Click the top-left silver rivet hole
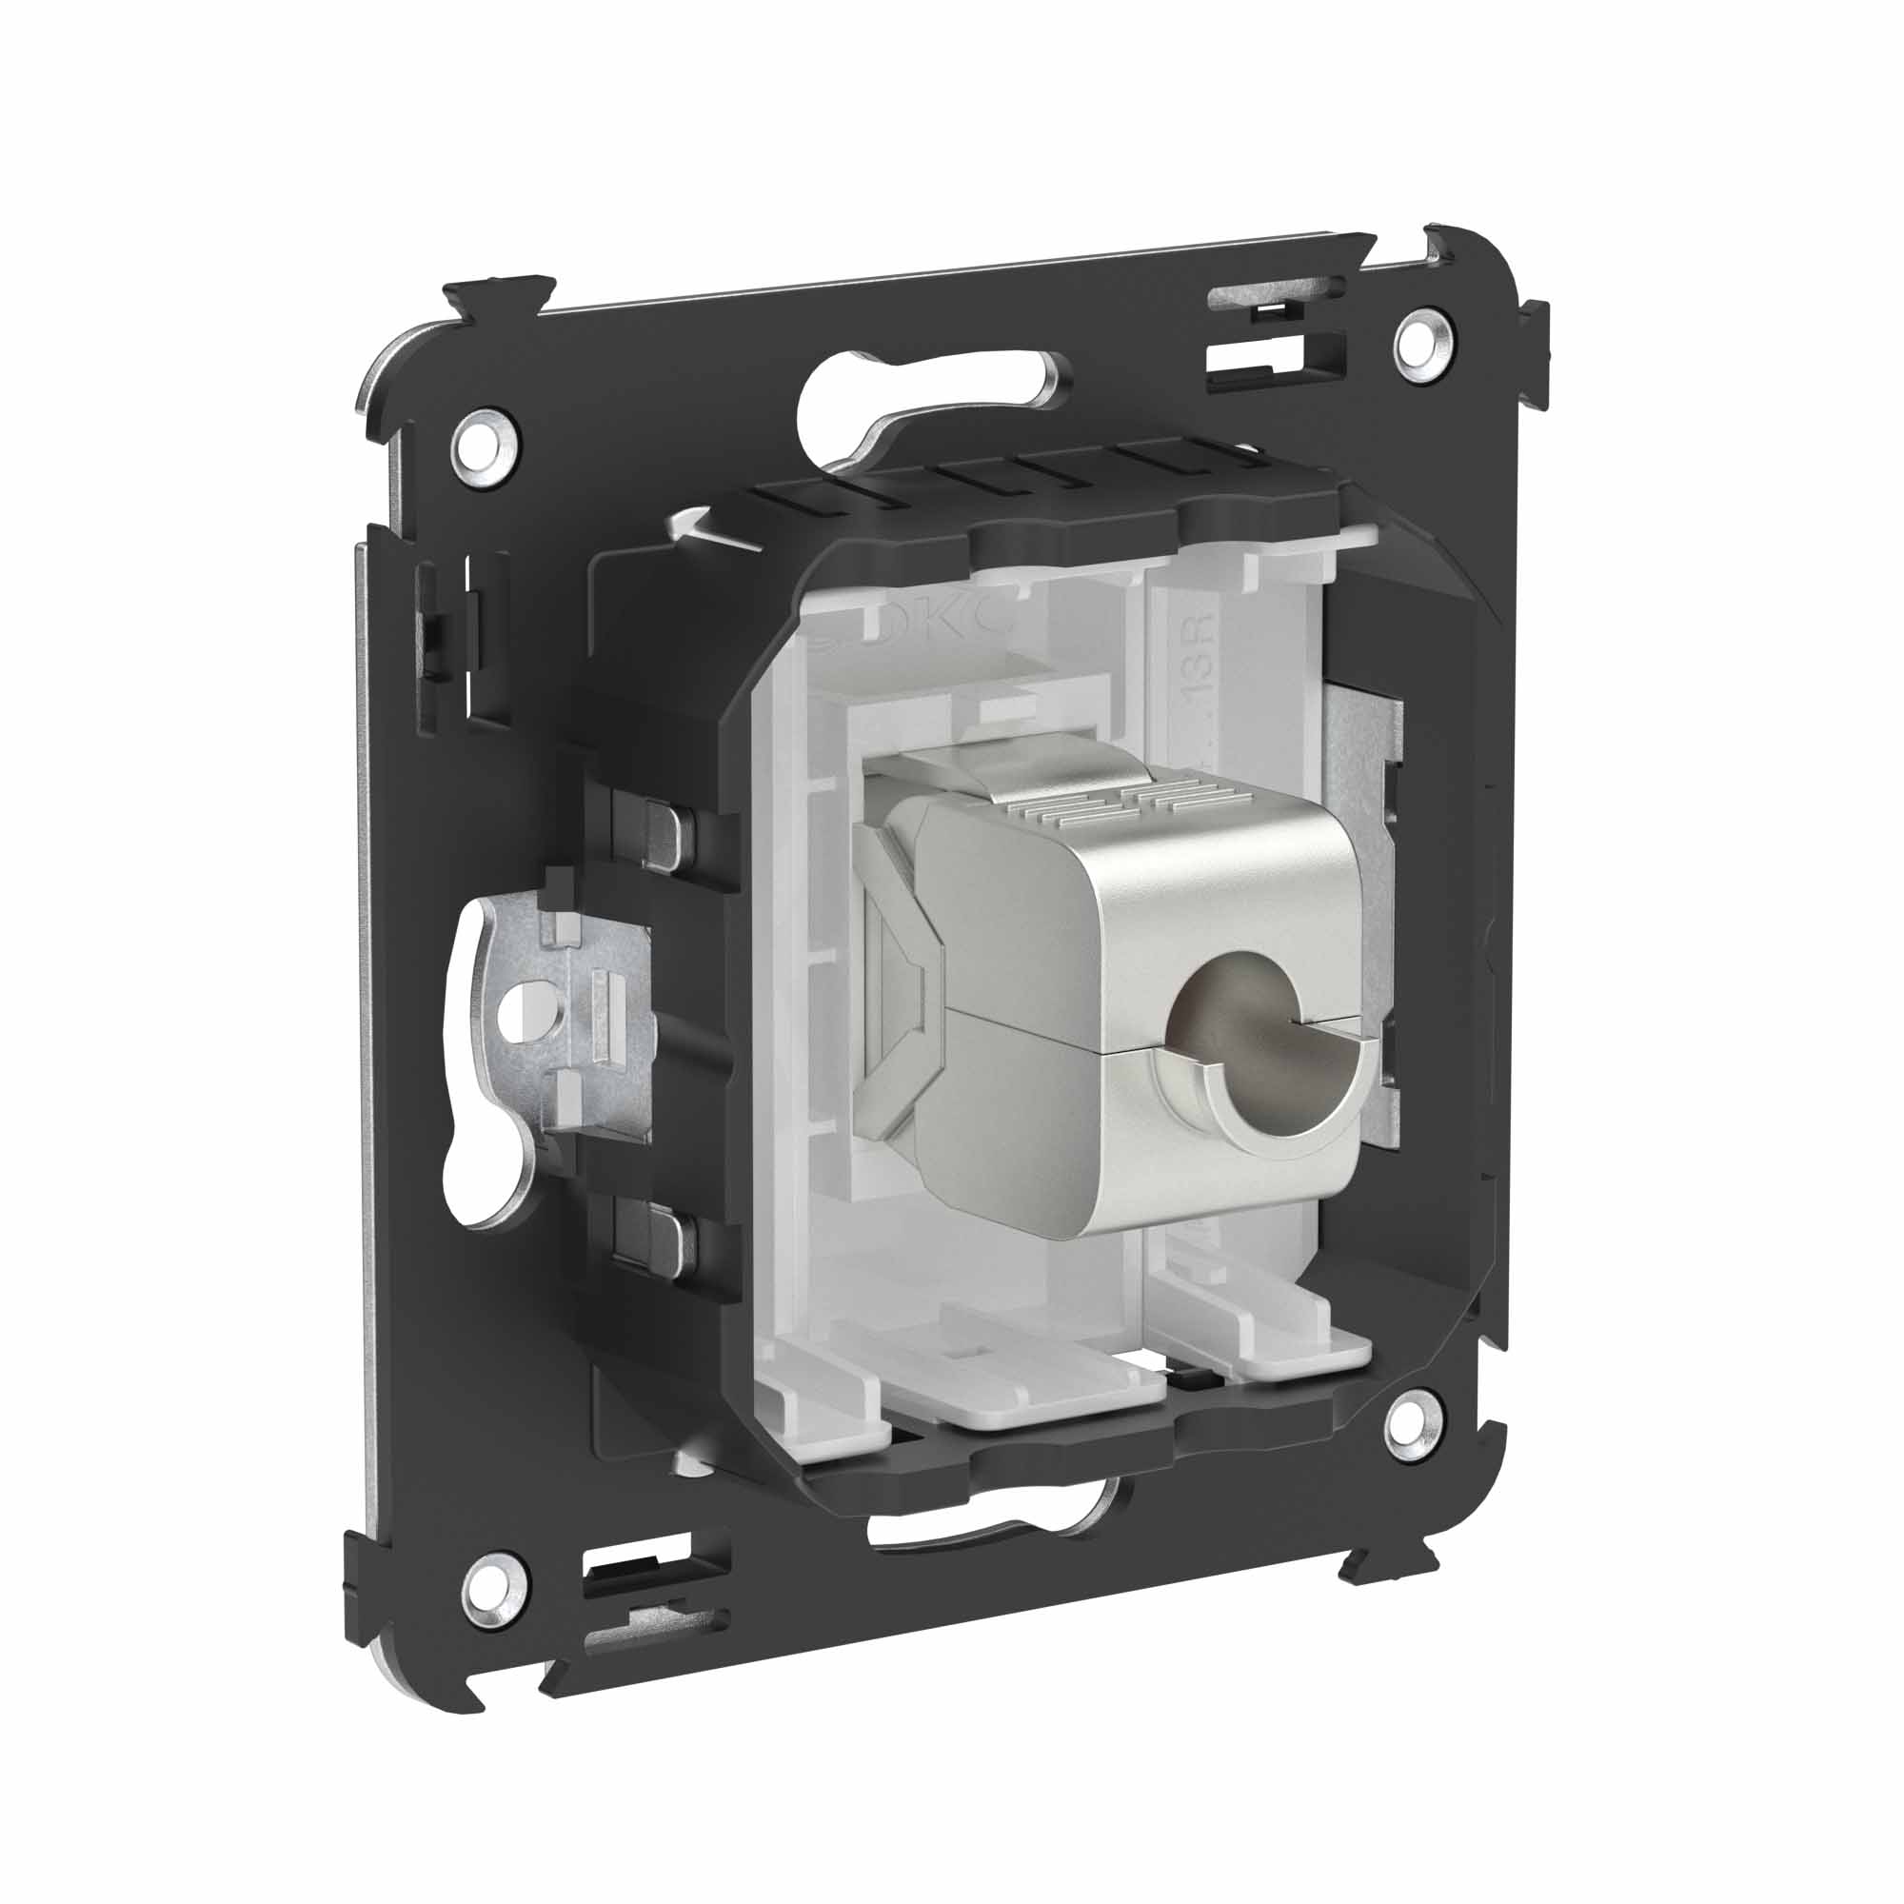click(x=485, y=453)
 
